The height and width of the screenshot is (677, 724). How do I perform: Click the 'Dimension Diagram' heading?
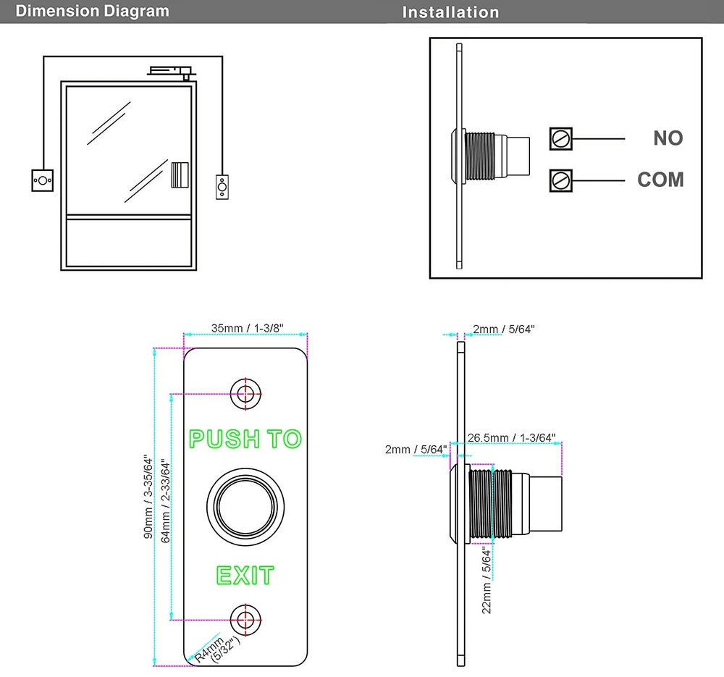click(92, 11)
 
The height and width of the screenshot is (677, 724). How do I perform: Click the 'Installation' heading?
click(450, 12)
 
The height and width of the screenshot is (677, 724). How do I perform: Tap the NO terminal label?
click(668, 138)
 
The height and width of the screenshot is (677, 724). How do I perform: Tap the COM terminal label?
click(660, 180)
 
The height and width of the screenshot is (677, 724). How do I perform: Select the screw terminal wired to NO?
click(560, 138)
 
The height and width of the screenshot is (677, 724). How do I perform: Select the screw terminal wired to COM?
click(560, 180)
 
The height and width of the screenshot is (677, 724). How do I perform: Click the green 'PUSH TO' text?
click(245, 439)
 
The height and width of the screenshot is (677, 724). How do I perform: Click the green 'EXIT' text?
click(245, 576)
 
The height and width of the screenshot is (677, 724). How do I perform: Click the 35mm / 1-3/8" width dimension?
click(247, 328)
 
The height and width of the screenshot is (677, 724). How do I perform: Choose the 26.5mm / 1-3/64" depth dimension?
click(512, 437)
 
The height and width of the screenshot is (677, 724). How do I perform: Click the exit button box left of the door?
click(43, 180)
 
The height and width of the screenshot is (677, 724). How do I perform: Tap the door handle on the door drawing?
click(180, 174)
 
